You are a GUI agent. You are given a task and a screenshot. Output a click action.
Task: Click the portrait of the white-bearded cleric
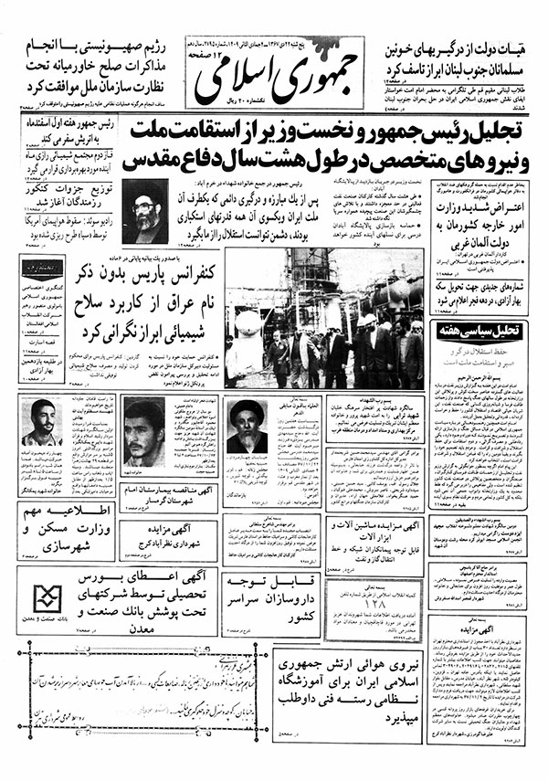click(246, 428)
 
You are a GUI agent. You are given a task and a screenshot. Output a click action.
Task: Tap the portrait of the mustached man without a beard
click(144, 430)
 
